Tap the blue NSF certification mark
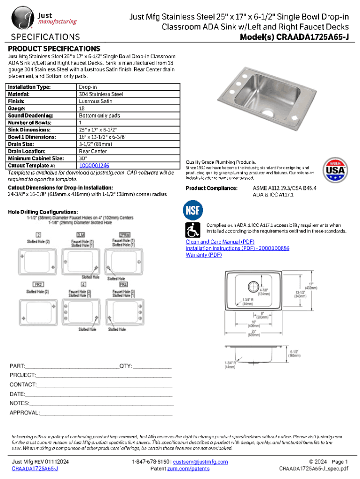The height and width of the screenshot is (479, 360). tap(194, 210)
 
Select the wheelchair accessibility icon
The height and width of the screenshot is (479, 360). tap(194, 230)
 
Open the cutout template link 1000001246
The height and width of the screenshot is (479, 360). tap(94, 166)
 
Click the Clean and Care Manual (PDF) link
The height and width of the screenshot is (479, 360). tap(213, 242)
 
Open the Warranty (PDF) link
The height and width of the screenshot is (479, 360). tap(203, 255)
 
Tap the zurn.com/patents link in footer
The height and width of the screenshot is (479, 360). tap(188, 468)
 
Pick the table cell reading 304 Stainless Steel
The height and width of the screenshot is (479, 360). tap(101, 94)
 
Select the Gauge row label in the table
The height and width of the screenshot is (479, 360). tap(17, 108)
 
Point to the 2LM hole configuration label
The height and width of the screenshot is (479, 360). tap(80, 234)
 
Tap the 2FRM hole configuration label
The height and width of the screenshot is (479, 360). tap(124, 234)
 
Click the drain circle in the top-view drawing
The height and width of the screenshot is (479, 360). tap(253, 286)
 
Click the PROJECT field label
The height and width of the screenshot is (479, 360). tap(23, 375)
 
